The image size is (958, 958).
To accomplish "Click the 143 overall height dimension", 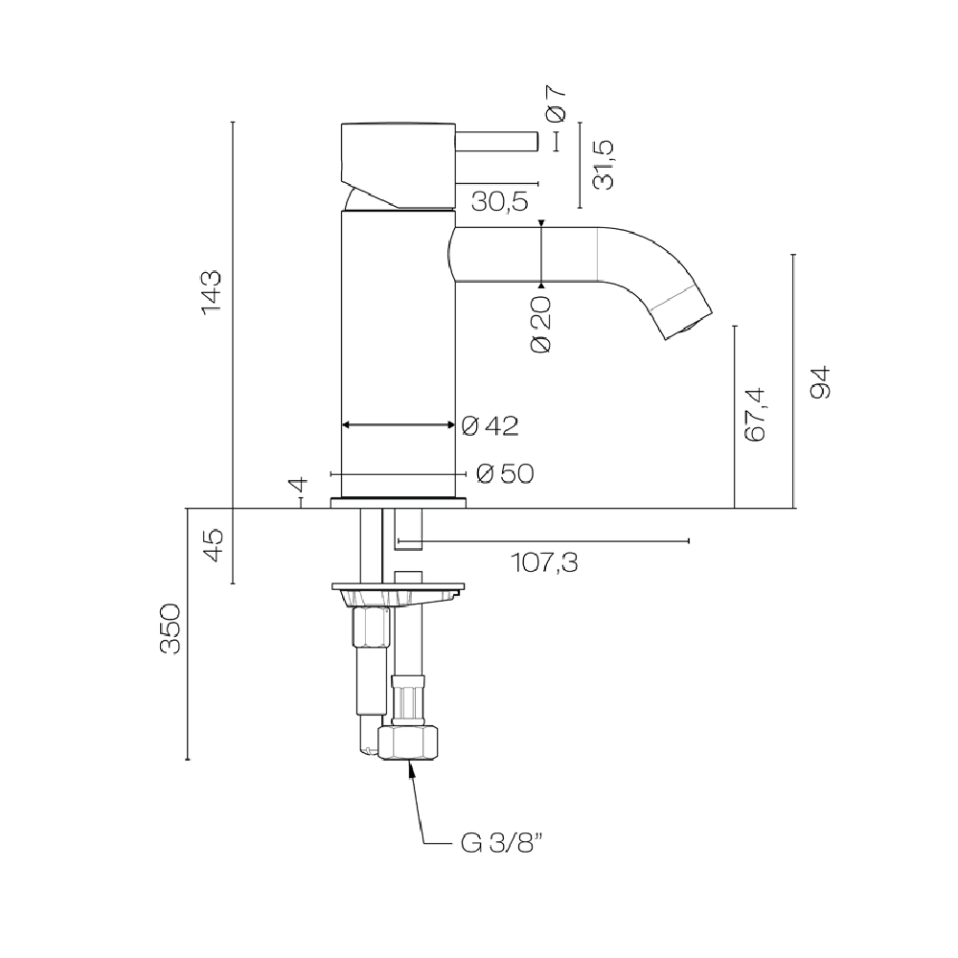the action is tap(211, 292).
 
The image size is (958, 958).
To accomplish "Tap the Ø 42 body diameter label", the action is tap(490, 426).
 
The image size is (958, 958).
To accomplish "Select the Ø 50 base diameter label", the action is tap(505, 473).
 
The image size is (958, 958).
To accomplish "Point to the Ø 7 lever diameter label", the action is tap(557, 103).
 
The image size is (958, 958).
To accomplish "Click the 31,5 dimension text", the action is tap(604, 165).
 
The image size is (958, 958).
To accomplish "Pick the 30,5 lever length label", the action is tap(500, 201).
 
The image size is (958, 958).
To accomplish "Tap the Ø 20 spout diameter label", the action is tap(541, 325).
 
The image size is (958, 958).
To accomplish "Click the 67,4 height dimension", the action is tap(755, 414).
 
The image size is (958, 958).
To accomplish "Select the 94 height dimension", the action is tap(820, 382).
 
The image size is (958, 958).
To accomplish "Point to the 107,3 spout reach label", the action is tap(544, 562).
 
